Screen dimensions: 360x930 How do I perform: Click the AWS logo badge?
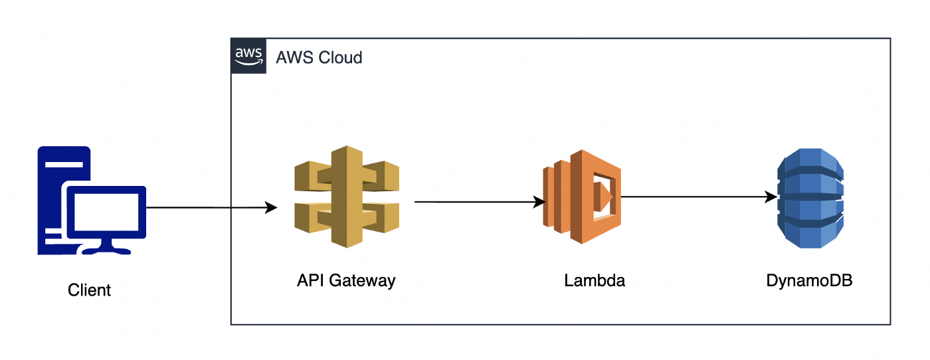(248, 56)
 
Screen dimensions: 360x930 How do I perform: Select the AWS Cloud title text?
(320, 58)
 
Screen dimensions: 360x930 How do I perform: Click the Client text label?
(90, 290)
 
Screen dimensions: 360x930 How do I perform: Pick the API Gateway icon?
(346, 197)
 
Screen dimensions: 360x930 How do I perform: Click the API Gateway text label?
(346, 281)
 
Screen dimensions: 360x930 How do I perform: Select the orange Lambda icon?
(582, 197)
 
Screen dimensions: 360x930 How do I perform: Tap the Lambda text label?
(595, 281)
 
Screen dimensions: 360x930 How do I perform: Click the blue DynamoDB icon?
(810, 197)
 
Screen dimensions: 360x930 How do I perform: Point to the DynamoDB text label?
(809, 281)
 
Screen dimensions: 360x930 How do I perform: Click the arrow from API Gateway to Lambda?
(475, 201)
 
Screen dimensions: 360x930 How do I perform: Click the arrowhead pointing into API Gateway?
(271, 208)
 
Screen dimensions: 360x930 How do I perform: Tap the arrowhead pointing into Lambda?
(539, 202)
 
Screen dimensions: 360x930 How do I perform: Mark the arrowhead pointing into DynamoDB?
(771, 197)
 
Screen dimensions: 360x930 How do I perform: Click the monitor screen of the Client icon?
(106, 211)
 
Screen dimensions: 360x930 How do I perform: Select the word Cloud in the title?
(340, 58)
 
